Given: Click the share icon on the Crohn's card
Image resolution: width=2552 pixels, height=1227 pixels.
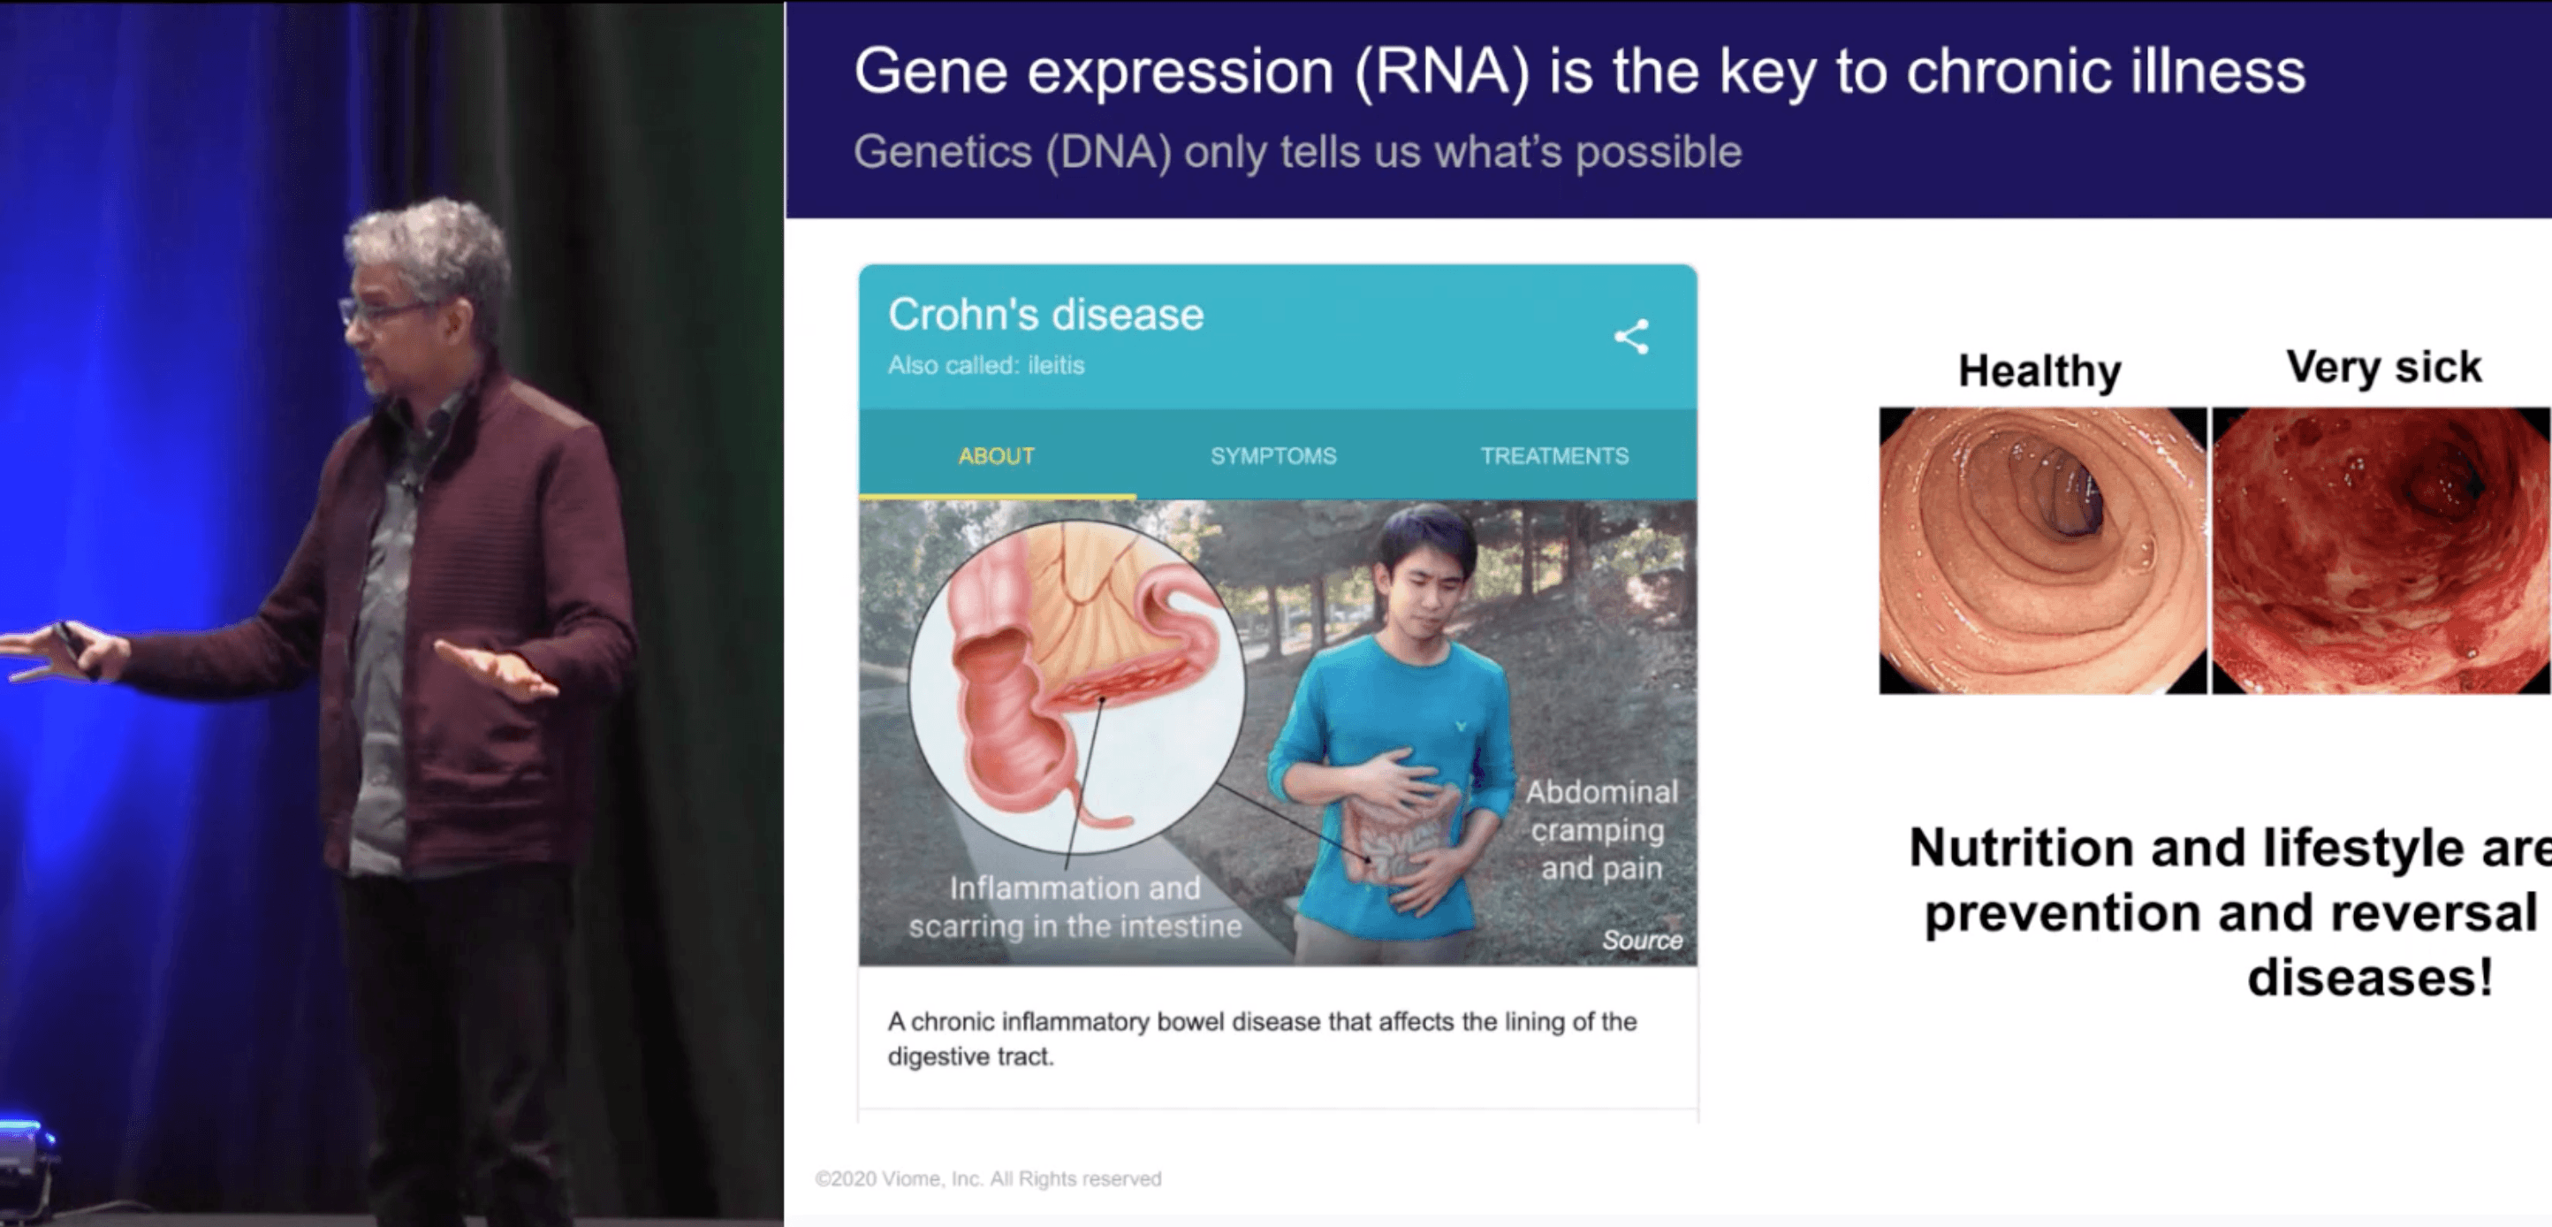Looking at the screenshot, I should pyautogui.click(x=1630, y=337).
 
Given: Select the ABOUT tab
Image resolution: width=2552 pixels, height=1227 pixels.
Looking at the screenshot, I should pyautogui.click(x=996, y=456).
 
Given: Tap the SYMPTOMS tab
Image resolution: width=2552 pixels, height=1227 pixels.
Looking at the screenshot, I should pyautogui.click(x=1273, y=456).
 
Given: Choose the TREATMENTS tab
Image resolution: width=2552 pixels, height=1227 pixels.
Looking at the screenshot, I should pyautogui.click(x=1553, y=456).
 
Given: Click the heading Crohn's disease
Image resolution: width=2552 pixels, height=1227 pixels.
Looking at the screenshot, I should pyautogui.click(x=1045, y=316).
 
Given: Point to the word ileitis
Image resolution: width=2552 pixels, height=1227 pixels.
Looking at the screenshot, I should pyautogui.click(x=1056, y=366).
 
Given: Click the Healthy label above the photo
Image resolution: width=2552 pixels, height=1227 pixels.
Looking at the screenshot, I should pyautogui.click(x=2039, y=370).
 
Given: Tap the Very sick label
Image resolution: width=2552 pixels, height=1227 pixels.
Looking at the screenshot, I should pyautogui.click(x=2382, y=367).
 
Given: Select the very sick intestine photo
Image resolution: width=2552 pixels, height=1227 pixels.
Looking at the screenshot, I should pyautogui.click(x=2380, y=550).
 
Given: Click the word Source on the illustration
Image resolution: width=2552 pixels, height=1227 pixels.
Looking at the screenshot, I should pyautogui.click(x=1642, y=940).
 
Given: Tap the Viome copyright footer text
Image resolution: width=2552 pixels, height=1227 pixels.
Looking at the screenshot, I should pyautogui.click(x=988, y=1178).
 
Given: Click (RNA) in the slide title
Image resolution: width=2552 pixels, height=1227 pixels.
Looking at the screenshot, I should pyautogui.click(x=1441, y=72).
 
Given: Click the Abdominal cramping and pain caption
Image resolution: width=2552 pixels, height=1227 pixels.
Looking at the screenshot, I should pyautogui.click(x=1601, y=831).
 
